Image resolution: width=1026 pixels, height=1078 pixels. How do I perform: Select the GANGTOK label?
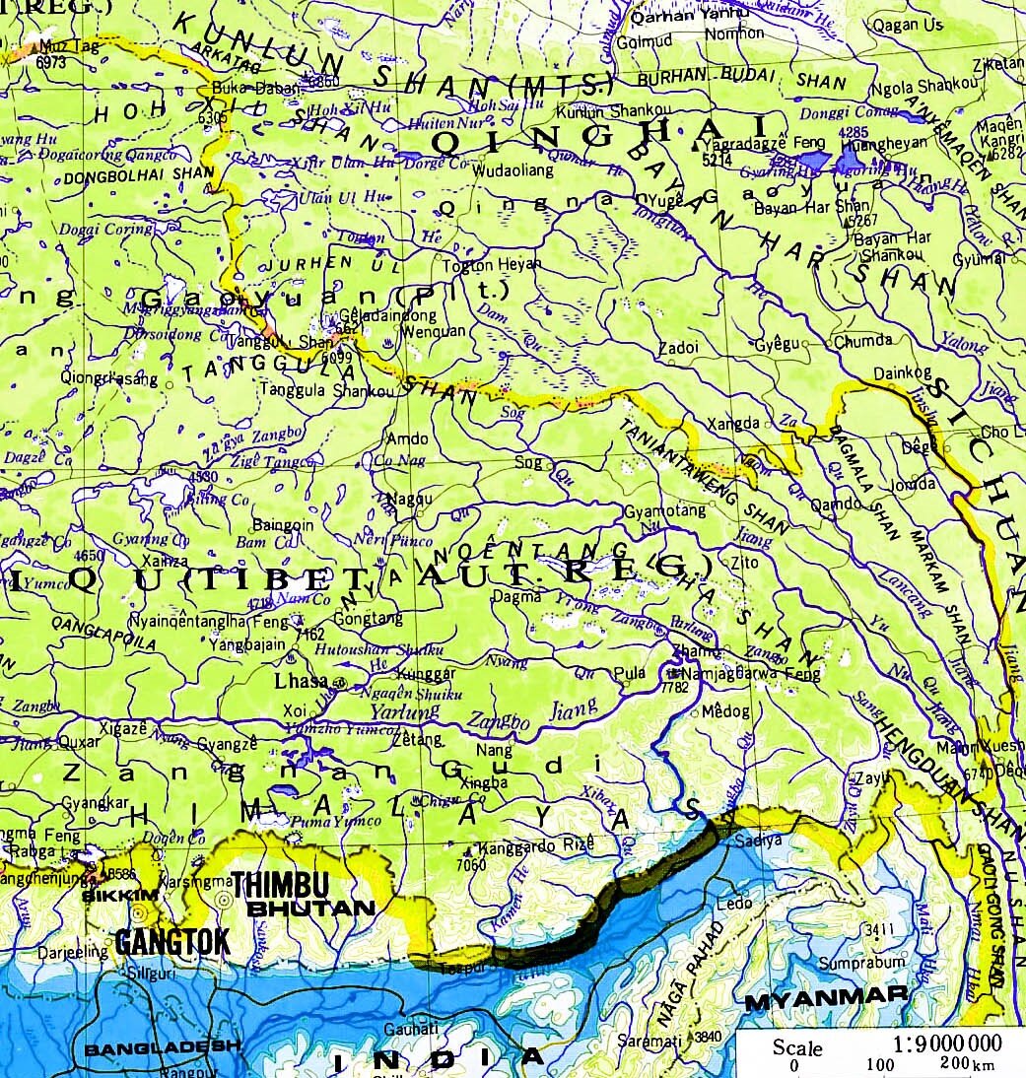[171, 941]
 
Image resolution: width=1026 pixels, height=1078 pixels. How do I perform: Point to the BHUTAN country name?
[310, 908]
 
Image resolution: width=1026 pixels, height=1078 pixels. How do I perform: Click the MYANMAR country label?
[825, 1000]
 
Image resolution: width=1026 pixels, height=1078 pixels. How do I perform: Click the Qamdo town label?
[840, 503]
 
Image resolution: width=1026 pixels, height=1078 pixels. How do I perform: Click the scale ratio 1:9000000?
[946, 1044]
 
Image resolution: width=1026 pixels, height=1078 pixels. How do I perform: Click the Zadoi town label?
[679, 348]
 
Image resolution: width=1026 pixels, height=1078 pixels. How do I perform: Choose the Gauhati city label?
[413, 1029]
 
